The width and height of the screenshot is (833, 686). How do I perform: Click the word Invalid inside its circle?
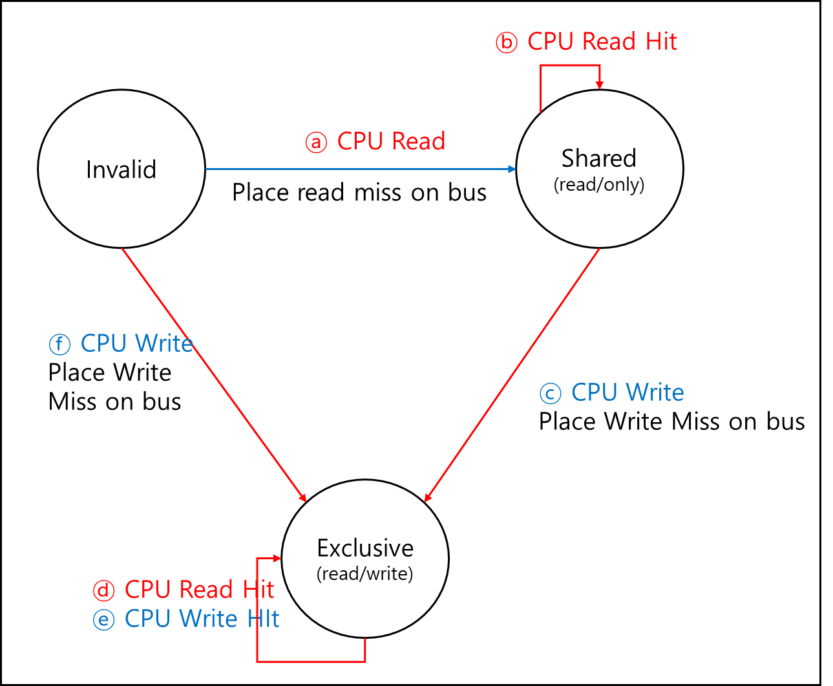coord(121,169)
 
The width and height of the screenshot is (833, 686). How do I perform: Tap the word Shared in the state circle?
coord(599,158)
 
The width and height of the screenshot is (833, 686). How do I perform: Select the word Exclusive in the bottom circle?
coord(365,548)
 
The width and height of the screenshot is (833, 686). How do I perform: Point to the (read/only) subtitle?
coord(599,184)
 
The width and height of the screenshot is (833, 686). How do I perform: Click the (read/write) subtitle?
coord(364,573)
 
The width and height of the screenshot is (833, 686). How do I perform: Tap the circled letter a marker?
coord(316,142)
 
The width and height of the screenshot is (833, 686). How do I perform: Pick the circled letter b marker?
coord(507,42)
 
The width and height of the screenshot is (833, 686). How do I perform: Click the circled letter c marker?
coord(550,393)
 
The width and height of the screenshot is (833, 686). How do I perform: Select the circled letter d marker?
coord(103,590)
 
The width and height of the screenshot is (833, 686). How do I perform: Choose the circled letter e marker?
coord(103,619)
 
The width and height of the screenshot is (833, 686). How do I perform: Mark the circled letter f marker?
coord(59,344)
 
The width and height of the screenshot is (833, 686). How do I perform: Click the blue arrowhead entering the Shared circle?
coord(512,169)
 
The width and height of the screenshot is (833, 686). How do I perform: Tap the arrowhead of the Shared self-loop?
coord(600,85)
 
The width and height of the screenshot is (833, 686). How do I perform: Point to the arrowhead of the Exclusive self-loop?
coord(277,559)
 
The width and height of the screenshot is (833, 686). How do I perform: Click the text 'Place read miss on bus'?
coord(359,193)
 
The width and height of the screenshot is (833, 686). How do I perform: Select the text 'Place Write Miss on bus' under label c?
coord(671,422)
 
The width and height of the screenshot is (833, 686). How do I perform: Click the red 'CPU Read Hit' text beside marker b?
coord(602,41)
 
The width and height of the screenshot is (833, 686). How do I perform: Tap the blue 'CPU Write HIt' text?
coord(202,618)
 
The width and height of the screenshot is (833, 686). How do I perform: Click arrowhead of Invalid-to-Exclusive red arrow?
coord(302,497)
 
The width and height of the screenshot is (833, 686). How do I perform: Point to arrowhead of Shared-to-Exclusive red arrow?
coord(428,497)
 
